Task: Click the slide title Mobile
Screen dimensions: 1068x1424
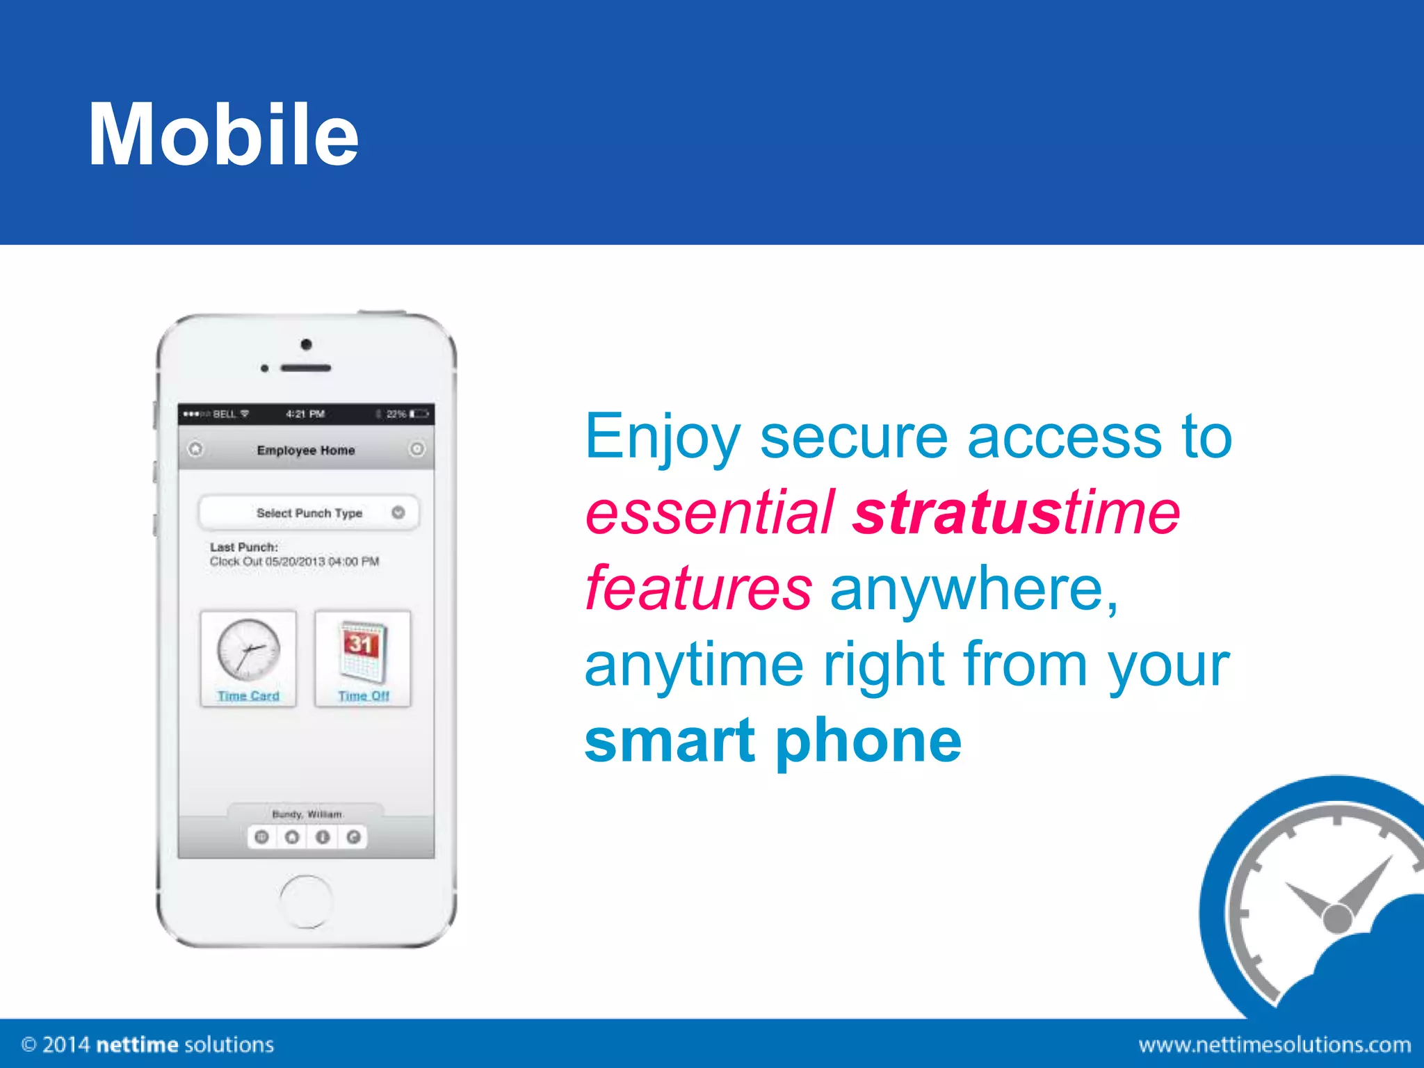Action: coord(223,134)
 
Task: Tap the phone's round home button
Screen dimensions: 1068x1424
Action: coord(306,901)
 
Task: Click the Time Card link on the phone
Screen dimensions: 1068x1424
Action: coord(248,696)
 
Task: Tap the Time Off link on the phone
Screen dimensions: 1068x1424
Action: coord(364,696)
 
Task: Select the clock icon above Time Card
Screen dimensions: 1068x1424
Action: coord(248,649)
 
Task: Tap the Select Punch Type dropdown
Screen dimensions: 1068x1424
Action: coord(309,513)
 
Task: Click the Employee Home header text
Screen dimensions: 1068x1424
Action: coord(306,451)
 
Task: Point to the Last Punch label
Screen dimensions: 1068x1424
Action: coord(244,547)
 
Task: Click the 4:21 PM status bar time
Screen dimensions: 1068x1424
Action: coord(305,414)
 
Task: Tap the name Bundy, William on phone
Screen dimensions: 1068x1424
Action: coord(307,814)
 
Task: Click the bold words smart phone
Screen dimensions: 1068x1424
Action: coord(772,741)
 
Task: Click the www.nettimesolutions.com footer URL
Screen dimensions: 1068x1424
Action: coord(1274,1044)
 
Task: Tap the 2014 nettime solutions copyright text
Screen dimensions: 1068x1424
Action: coord(148,1044)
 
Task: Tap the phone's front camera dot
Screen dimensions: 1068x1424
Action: coord(306,344)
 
